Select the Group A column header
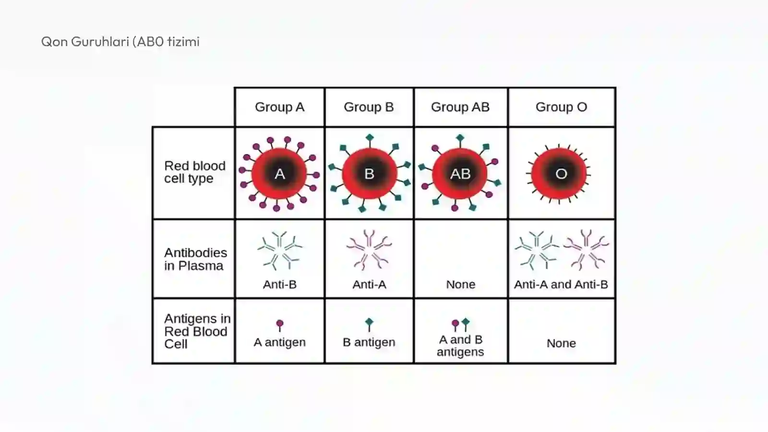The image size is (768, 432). coord(280,107)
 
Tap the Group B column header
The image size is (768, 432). coord(369,107)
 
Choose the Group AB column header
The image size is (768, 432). coord(460,107)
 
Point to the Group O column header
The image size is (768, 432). coord(562,107)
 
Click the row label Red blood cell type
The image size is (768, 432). coord(195,172)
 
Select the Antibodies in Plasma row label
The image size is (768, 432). coord(195,259)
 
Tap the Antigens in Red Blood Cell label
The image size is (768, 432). coord(197,331)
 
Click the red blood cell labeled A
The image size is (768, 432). coord(279,174)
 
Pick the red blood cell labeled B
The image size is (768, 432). coord(369,173)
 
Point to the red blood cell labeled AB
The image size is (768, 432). coord(460,173)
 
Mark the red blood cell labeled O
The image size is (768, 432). coord(559,174)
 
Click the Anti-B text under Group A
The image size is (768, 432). coord(280,285)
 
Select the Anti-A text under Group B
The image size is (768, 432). coord(369,285)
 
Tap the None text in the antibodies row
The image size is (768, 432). coord(461,285)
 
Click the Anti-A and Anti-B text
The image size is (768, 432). coord(561,285)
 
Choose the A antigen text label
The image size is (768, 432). coord(280,342)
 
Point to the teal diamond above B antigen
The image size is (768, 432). coord(369,322)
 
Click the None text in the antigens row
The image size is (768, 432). coord(561,343)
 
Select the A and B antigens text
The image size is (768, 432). coord(460,346)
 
